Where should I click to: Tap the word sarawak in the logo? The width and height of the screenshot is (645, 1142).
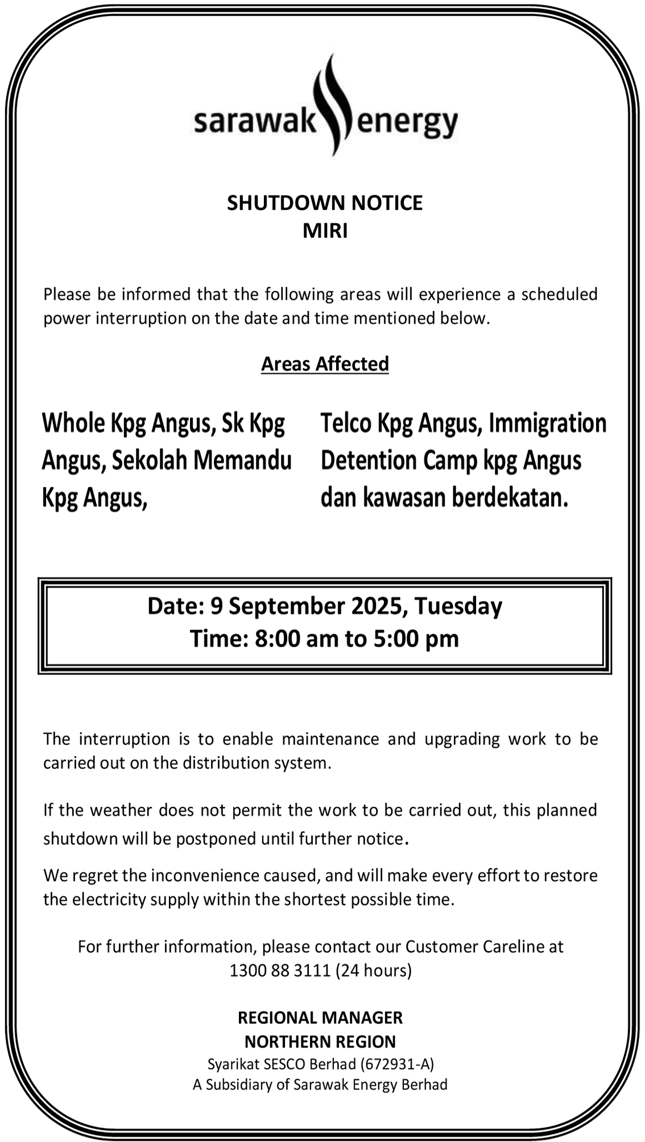pos(254,122)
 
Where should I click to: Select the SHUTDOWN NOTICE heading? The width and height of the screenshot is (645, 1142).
pos(325,203)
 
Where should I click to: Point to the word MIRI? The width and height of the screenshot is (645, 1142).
pos(325,231)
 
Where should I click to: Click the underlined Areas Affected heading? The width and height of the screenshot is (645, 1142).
pos(325,364)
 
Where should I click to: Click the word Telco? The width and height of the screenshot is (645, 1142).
pos(346,424)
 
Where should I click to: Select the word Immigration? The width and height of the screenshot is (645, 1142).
pos(548,424)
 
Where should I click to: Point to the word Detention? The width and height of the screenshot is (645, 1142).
pos(369,461)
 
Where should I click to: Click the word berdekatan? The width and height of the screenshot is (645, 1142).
pos(510,498)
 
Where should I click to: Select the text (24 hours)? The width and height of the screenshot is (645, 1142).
pos(374,970)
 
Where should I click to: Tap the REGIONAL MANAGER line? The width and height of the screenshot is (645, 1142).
pos(320,1017)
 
